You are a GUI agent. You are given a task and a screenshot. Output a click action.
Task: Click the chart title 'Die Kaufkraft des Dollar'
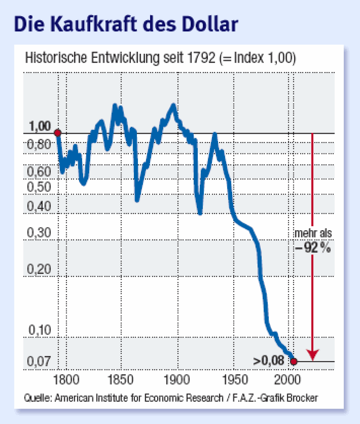pyautogui.click(x=126, y=24)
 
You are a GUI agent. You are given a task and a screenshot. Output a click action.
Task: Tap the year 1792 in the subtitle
pyautogui.click(x=201, y=58)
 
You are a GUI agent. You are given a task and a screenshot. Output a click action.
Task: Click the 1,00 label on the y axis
pyautogui.click(x=40, y=126)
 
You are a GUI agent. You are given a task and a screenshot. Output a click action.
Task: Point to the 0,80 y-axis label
pyautogui.click(x=39, y=144)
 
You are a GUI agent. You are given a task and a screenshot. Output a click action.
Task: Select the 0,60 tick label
pyautogui.click(x=39, y=172)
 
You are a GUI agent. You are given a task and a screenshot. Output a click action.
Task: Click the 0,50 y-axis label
pyautogui.click(x=39, y=187)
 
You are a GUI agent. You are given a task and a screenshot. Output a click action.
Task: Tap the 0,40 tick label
pyautogui.click(x=39, y=206)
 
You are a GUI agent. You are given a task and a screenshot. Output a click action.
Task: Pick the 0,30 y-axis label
pyautogui.click(x=39, y=233)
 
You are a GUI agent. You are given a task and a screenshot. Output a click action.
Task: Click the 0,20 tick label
pyautogui.click(x=39, y=269)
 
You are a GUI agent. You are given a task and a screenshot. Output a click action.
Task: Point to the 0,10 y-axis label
pyautogui.click(x=40, y=330)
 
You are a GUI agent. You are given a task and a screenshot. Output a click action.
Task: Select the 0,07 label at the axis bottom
pyautogui.click(x=39, y=361)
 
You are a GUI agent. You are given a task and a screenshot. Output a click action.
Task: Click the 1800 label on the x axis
pyautogui.click(x=66, y=380)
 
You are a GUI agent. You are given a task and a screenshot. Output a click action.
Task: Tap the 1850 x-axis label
pyautogui.click(x=120, y=380)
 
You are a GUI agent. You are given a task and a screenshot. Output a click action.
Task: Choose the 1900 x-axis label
pyautogui.click(x=177, y=380)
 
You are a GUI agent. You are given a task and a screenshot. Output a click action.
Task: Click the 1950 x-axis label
pyautogui.click(x=235, y=380)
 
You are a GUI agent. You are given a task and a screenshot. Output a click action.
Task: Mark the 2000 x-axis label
pyautogui.click(x=287, y=380)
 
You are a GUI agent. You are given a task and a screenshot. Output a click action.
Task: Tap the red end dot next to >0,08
pyautogui.click(x=294, y=361)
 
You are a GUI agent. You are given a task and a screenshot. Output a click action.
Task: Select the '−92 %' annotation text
pyautogui.click(x=313, y=248)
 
